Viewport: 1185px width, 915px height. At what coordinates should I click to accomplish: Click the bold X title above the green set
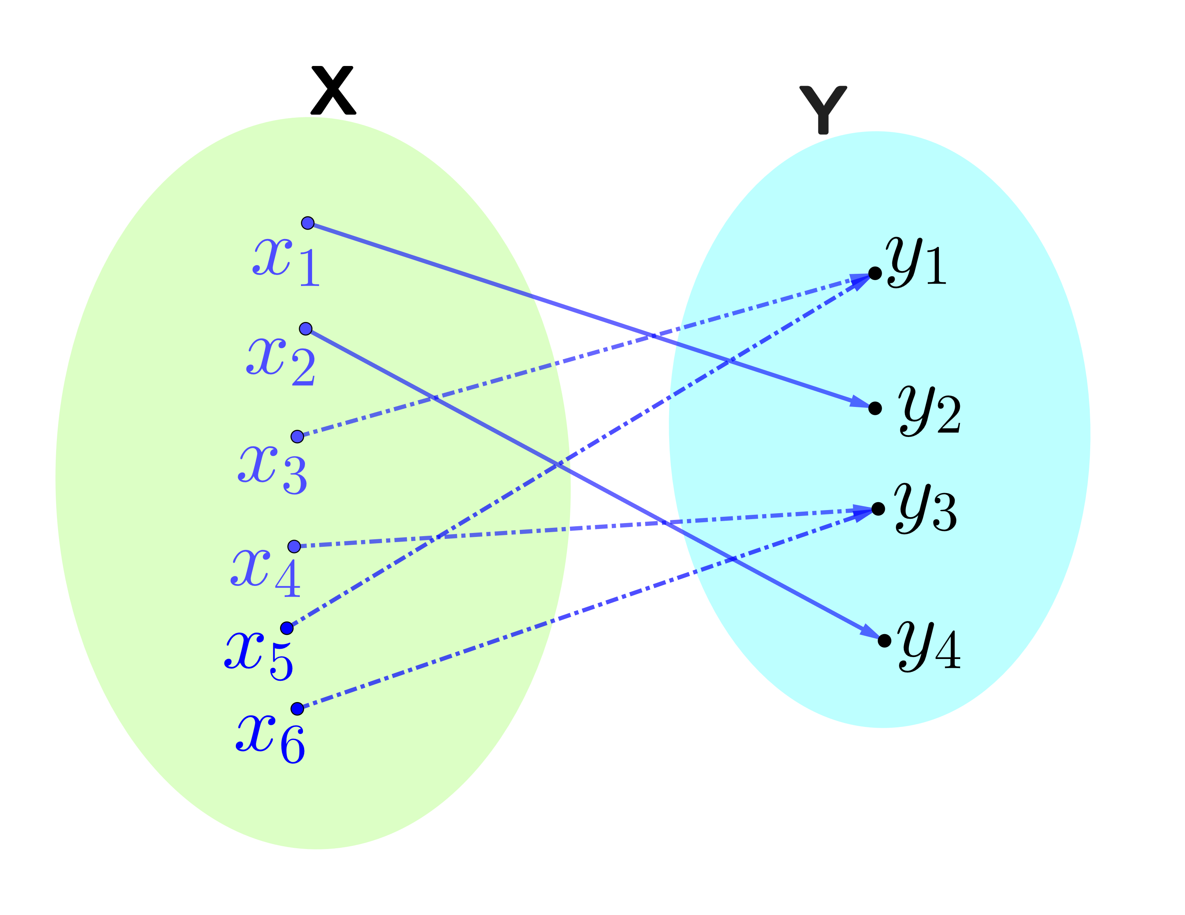tap(333, 90)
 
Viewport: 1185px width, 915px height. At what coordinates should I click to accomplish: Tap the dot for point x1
tap(308, 223)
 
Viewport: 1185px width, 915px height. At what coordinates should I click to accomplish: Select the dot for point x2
tap(305, 329)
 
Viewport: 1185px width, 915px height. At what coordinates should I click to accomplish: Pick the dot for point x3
tap(297, 437)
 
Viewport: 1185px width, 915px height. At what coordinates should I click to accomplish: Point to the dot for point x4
tap(294, 546)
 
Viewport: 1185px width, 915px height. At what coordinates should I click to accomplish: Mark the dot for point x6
tap(297, 709)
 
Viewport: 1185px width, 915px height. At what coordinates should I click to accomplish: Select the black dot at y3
tap(878, 508)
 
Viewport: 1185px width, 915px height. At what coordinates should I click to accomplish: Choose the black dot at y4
tap(884, 641)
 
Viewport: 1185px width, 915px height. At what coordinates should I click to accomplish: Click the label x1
tap(286, 262)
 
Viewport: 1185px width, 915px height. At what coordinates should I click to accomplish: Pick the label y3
tap(925, 508)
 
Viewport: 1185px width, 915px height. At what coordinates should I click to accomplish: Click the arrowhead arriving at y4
tap(869, 632)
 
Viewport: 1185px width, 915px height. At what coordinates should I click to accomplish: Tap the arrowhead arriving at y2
tap(860, 402)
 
